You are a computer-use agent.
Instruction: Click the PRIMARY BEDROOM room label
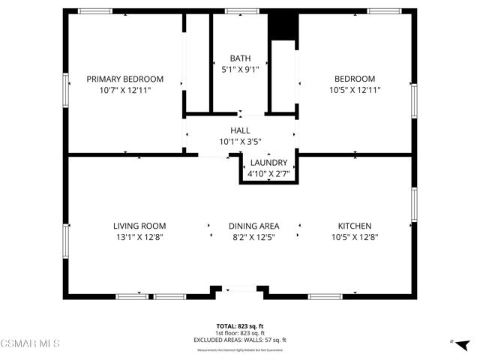124,79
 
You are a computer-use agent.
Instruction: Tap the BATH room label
240,58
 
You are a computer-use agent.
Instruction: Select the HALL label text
240,130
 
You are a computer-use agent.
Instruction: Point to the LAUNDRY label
268,163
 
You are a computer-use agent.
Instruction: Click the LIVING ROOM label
139,226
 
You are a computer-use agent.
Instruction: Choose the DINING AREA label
254,226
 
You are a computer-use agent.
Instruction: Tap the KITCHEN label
355,226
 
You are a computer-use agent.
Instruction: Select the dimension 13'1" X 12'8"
139,237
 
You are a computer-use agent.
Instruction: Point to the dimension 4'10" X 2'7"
268,174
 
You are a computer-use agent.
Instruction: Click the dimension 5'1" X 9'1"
240,70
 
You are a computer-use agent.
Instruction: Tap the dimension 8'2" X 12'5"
254,237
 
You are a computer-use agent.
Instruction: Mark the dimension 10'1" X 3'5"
240,141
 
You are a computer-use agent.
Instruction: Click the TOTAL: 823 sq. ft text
240,326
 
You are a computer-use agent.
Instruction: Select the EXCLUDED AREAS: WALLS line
240,340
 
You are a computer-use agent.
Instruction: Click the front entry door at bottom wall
240,289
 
